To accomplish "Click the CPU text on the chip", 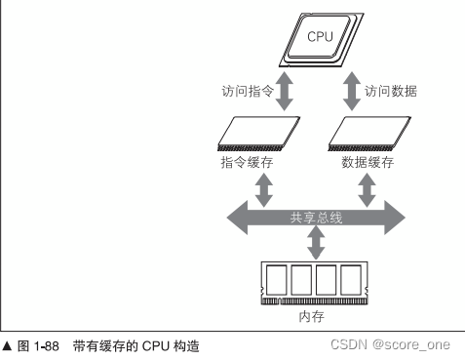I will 320,37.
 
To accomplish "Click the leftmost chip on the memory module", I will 277,282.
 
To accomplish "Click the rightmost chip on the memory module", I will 353,282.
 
